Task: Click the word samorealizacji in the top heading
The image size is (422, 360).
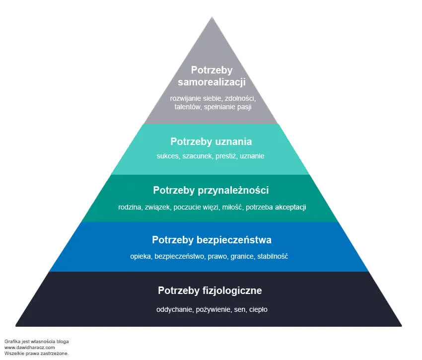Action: (x=211, y=82)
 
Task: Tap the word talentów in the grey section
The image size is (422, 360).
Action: (x=187, y=107)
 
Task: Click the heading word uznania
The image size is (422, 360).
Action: (x=230, y=142)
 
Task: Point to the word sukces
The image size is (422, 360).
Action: (x=168, y=156)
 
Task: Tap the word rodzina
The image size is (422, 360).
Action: (x=130, y=207)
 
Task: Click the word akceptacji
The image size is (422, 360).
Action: (x=290, y=207)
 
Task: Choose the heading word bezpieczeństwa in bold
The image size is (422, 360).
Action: (x=234, y=240)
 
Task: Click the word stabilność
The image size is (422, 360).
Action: (x=273, y=257)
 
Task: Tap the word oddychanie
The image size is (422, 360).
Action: (x=174, y=309)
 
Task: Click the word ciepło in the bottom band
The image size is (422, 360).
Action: (x=258, y=309)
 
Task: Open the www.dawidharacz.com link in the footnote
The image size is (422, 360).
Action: (x=30, y=348)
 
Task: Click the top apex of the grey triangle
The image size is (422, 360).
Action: (x=212, y=17)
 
